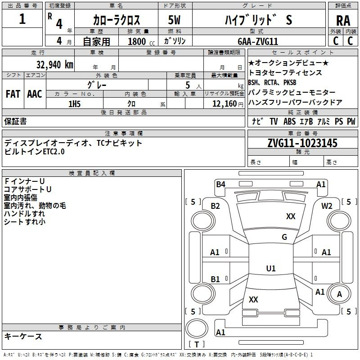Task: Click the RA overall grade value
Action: click(343, 21)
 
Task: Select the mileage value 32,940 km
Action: click(54, 65)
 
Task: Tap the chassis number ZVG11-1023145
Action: click(302, 143)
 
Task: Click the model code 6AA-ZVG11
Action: click(258, 41)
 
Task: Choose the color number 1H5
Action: click(74, 104)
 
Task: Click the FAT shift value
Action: click(13, 94)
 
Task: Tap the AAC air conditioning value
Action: click(35, 94)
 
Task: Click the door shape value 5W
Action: click(174, 20)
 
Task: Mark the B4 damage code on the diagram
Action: click(220, 184)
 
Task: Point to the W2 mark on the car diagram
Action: click(327, 206)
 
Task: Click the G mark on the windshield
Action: click(284, 237)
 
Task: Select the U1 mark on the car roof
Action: click(271, 268)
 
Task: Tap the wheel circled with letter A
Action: click(339, 294)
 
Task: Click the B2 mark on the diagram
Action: click(215, 206)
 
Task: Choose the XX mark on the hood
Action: click(291, 216)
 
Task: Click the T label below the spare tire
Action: click(197, 344)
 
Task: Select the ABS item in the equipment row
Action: click(289, 121)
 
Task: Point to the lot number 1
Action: click(22, 19)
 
